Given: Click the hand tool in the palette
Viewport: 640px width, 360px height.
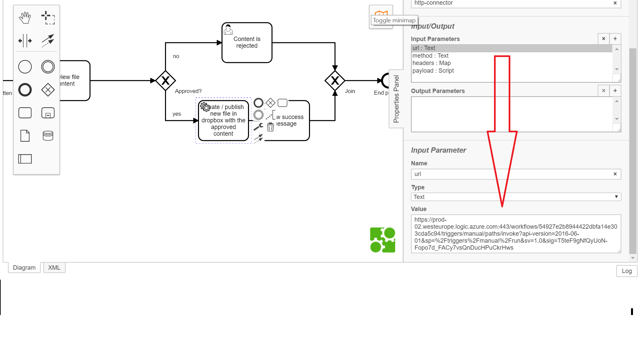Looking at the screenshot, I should pyautogui.click(x=25, y=18).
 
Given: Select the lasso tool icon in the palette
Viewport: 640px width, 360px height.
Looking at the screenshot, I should pyautogui.click(x=48, y=18).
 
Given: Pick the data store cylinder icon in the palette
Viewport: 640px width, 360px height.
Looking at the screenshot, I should pyautogui.click(x=48, y=136).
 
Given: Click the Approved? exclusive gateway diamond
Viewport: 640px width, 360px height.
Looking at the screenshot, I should pyautogui.click(x=165, y=81).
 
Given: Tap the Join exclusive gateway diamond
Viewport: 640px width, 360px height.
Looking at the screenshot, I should pyautogui.click(x=335, y=81).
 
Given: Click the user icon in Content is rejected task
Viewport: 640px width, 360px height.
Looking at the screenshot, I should pyautogui.click(x=228, y=30).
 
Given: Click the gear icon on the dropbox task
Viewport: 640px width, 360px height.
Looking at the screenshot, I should pyautogui.click(x=205, y=107).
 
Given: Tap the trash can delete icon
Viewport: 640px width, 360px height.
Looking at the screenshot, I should pyautogui.click(x=270, y=127).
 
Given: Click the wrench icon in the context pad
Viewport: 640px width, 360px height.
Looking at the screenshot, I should pyautogui.click(x=258, y=127).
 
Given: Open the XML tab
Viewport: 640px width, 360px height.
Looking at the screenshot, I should pyautogui.click(x=54, y=268).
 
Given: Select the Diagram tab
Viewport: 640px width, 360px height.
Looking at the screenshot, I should pyautogui.click(x=24, y=268).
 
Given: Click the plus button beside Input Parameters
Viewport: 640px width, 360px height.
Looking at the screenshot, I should pyautogui.click(x=615, y=39).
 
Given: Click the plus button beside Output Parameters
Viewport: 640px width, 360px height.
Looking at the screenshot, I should pyautogui.click(x=615, y=91).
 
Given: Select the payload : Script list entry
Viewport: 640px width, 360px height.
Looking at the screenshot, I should pyautogui.click(x=433, y=71).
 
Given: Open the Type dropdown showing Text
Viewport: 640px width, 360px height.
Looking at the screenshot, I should pyautogui.click(x=516, y=197).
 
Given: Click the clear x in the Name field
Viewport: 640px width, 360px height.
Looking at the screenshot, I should pyautogui.click(x=615, y=174).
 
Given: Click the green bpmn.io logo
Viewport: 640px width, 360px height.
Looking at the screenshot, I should pyautogui.click(x=383, y=240).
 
